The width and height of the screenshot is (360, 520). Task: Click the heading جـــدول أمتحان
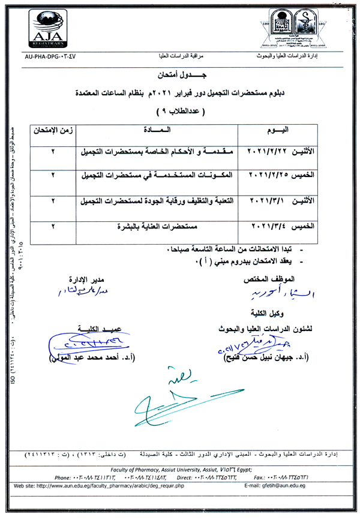(x=179, y=77)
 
